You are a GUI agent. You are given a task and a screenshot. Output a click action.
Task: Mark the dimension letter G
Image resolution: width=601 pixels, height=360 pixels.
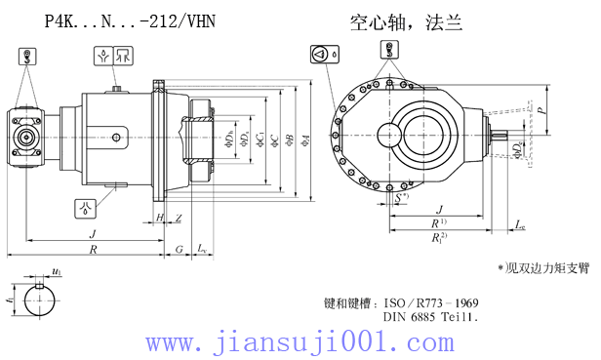click(x=180, y=249)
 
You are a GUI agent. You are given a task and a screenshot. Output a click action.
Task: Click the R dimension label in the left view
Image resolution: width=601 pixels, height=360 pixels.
click(x=94, y=249)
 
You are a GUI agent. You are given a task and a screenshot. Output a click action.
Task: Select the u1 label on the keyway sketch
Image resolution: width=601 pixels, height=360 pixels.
click(x=58, y=271)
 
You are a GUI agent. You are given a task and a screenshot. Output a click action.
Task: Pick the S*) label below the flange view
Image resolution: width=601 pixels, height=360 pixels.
click(x=402, y=198)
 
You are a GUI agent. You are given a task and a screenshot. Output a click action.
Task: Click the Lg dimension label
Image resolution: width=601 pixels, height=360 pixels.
click(x=520, y=225)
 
